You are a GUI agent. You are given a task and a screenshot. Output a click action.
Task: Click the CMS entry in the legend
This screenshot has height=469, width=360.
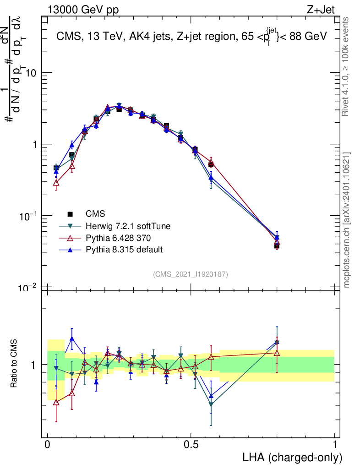click(95, 213)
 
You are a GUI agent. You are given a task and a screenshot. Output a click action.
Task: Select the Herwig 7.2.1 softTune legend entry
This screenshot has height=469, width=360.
click(125, 226)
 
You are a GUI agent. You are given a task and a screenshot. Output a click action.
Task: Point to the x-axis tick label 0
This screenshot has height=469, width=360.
click(48, 445)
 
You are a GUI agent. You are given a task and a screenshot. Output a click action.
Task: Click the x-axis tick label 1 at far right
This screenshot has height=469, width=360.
click(335, 445)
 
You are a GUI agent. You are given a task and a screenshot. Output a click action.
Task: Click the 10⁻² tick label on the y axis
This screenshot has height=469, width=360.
click(30, 287)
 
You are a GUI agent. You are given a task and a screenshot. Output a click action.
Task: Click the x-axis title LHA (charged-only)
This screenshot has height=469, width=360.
click(293, 458)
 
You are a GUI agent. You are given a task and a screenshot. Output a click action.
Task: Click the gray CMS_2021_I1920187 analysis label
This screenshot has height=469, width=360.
click(191, 274)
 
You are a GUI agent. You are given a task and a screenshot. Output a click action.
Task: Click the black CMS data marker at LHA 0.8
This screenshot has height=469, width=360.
click(277, 246)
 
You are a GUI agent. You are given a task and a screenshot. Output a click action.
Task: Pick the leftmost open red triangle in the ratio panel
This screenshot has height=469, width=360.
click(56, 402)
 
